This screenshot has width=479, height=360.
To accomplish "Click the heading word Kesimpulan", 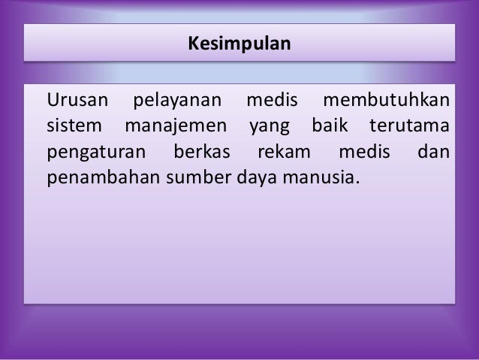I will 239,44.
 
